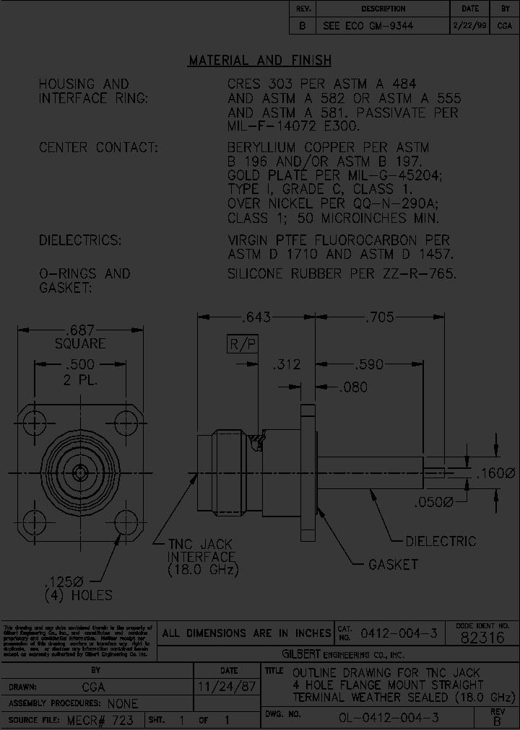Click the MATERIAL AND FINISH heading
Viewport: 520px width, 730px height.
[x=260, y=61]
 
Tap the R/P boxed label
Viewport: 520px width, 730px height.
[x=243, y=344]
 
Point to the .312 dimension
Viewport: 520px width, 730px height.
[x=286, y=365]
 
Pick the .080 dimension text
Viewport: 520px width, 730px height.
[x=353, y=387]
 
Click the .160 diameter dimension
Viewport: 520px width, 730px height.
[x=495, y=474]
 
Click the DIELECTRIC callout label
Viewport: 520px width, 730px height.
[x=441, y=541]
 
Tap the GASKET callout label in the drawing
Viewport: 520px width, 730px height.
[x=393, y=564]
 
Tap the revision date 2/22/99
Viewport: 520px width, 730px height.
[x=469, y=25]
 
